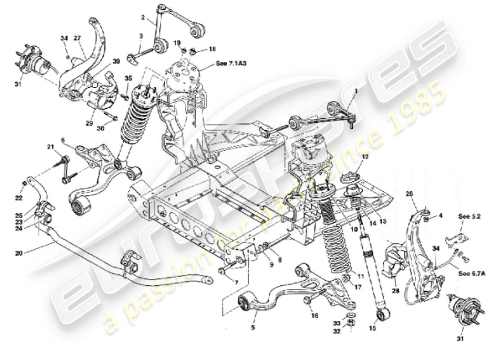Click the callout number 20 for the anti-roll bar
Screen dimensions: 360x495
[x=18, y=253]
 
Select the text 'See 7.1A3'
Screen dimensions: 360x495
[x=229, y=63]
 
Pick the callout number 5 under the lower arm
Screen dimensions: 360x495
[x=253, y=328]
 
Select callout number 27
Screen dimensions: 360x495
[x=77, y=39]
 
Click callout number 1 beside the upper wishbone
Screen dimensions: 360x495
[x=355, y=90]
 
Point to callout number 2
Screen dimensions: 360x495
[x=143, y=18]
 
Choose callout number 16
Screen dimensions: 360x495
[x=314, y=316]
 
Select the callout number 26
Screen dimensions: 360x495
[x=409, y=194]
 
